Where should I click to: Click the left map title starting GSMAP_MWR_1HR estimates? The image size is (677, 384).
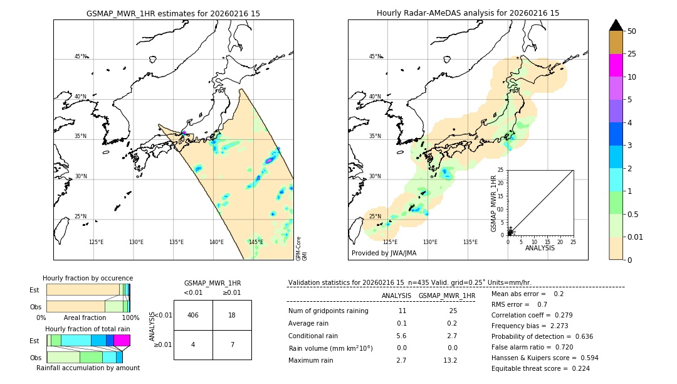coord(173,13)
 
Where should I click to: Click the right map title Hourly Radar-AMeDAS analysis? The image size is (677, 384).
coord(468,13)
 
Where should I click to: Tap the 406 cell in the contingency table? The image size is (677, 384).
coord(193,315)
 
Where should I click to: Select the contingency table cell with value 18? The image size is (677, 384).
coord(232,315)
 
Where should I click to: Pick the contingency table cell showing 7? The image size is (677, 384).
coord(232,344)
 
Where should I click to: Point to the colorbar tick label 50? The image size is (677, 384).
coord(632,31)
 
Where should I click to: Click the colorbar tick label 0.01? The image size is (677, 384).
coord(635,237)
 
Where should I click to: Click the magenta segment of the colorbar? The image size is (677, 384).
coord(616,65)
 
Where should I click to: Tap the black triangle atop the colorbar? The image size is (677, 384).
coord(616,25)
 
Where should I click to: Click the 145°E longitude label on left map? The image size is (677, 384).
coord(256,242)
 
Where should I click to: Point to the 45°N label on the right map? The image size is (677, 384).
coord(375,56)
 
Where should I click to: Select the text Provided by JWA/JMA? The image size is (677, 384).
coord(384,253)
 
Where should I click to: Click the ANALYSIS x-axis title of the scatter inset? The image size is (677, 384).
coord(540,248)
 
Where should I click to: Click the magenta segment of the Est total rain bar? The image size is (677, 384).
coord(122,340)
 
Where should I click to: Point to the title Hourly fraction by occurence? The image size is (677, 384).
coord(88,278)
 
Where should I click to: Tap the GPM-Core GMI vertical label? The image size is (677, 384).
coord(301,248)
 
